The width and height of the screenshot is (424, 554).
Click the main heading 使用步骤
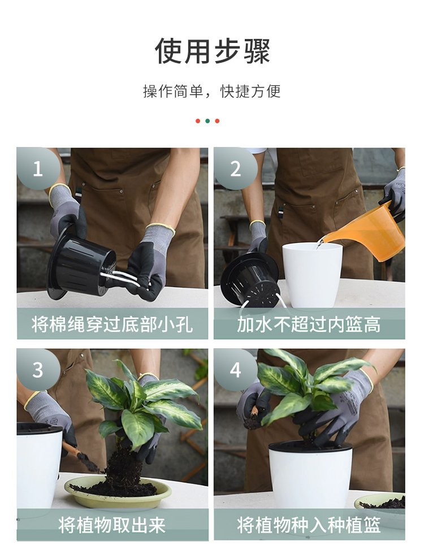pyautogui.click(x=212, y=51)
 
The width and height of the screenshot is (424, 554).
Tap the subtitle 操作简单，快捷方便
pyautogui.click(x=212, y=91)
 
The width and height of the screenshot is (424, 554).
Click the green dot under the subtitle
pyautogui.click(x=207, y=121)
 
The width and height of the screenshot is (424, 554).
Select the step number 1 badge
pyautogui.click(x=38, y=168)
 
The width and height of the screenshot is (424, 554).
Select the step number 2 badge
pyautogui.click(x=235, y=168)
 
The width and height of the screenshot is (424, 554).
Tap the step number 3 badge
pyautogui.click(x=38, y=370)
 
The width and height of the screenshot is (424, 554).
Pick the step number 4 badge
pyautogui.click(x=235, y=370)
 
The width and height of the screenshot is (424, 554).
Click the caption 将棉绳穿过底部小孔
pyautogui.click(x=113, y=324)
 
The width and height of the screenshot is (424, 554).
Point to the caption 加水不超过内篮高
pyautogui.click(x=309, y=324)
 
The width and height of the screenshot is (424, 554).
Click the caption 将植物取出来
pyautogui.click(x=113, y=525)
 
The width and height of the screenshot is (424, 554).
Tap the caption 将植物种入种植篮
pyautogui.click(x=309, y=525)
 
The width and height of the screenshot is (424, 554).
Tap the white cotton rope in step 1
pyautogui.click(x=120, y=278)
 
